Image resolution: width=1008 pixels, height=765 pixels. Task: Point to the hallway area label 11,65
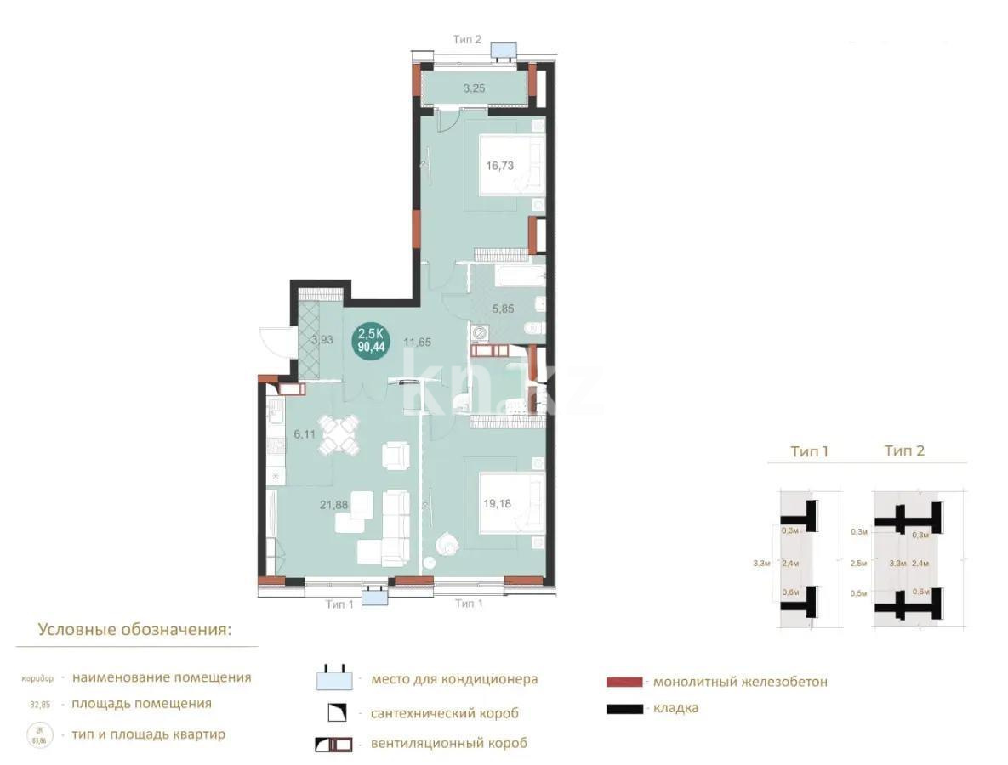417,343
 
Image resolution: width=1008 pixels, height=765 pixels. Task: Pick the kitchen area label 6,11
305,433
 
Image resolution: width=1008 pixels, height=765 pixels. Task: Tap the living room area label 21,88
333,504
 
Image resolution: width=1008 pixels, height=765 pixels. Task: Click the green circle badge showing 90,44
369,340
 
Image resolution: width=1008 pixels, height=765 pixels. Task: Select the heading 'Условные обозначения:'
134,630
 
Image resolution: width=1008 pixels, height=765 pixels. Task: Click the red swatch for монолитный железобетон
625,682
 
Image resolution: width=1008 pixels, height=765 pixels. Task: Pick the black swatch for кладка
625,708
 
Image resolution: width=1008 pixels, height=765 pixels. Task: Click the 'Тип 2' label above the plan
468,39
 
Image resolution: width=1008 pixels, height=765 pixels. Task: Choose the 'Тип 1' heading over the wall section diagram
809,451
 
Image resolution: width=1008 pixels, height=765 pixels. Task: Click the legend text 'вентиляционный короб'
448,743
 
